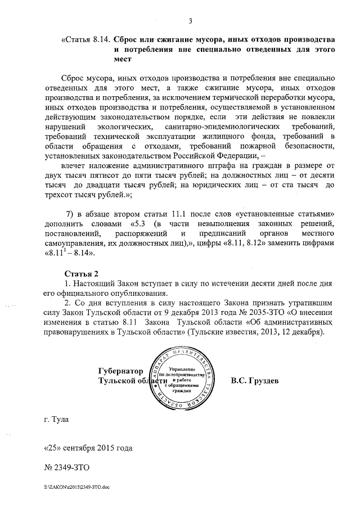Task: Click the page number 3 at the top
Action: point(191,22)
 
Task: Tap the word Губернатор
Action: point(120,371)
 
